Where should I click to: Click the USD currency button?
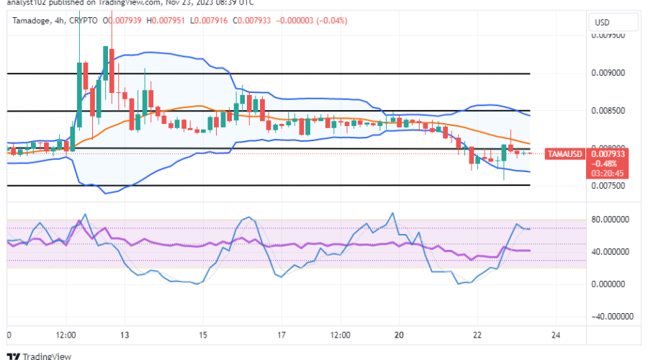click(x=601, y=23)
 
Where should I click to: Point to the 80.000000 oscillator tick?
click(x=611, y=220)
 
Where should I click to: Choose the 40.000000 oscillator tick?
click(x=611, y=252)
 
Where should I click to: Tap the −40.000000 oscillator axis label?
click(x=609, y=316)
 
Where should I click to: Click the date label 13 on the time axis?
click(x=124, y=335)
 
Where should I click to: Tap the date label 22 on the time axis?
click(x=477, y=335)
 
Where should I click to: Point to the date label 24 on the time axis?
click(x=556, y=335)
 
